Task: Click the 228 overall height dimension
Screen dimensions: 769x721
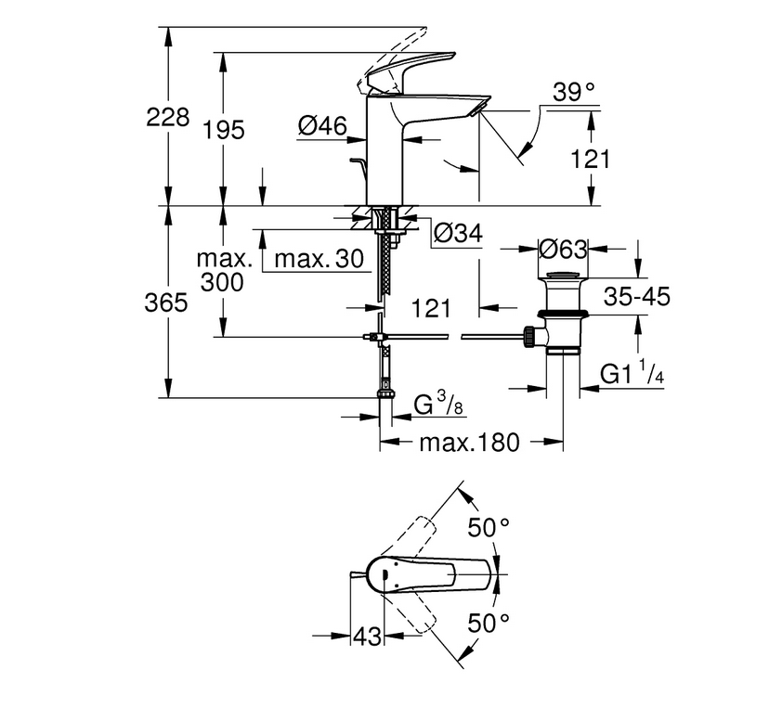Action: coord(168,118)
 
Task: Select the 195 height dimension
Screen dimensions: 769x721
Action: coord(224,131)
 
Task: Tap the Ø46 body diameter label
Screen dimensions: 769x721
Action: coord(322,126)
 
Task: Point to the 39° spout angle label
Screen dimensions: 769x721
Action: coord(574,92)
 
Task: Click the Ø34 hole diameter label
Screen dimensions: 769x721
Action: coord(458,233)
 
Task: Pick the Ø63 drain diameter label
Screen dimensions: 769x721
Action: coord(563,250)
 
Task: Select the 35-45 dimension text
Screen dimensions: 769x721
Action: coord(636,297)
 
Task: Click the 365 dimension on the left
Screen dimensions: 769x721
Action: coord(166,303)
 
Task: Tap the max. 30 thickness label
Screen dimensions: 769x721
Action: coord(319,258)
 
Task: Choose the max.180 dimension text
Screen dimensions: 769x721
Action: coord(469,443)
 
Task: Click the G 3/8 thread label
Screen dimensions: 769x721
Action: coord(439,406)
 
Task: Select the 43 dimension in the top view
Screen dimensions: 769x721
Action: coord(367,637)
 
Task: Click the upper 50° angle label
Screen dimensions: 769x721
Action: coord(489,528)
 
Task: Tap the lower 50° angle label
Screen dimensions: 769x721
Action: coord(489,624)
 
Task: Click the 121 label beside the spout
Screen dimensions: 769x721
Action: coord(591,160)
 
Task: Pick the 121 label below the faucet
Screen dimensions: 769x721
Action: coord(431,309)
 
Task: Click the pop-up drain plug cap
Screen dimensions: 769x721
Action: coord(563,275)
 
